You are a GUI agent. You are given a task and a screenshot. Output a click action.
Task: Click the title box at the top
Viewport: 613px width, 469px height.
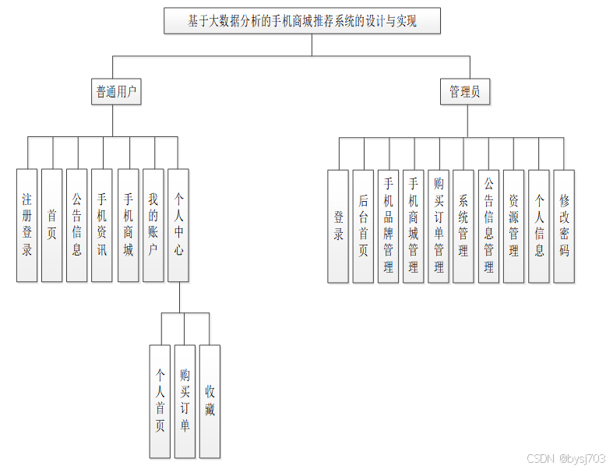(302, 21)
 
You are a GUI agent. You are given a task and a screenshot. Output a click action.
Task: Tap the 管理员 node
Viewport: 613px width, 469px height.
(464, 92)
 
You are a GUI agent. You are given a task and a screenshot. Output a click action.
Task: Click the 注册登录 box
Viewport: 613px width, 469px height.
(27, 225)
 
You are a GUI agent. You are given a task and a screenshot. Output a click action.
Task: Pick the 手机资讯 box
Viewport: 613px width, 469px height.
(101, 225)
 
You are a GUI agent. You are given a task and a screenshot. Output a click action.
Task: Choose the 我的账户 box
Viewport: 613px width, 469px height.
(153, 225)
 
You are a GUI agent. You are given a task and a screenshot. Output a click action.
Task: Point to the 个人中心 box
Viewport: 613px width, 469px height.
(178, 225)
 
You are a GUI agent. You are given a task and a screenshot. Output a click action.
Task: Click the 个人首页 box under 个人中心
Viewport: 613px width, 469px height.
(160, 400)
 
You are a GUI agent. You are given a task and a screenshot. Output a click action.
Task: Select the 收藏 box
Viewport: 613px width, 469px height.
(210, 400)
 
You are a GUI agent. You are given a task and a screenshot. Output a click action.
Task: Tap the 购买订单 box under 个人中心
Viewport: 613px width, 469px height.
(185, 400)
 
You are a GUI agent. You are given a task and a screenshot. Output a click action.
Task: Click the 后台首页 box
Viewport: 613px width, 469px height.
(363, 225)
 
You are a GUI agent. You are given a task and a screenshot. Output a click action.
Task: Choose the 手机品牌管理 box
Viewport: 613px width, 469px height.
(388, 225)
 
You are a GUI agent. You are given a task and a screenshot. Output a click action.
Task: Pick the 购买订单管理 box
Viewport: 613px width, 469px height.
(439, 225)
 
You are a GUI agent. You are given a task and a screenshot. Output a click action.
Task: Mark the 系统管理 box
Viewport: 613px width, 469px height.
(463, 225)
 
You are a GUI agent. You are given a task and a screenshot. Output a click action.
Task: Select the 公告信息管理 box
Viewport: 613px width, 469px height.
(488, 225)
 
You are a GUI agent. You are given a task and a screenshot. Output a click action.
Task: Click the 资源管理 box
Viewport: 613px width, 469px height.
(513, 225)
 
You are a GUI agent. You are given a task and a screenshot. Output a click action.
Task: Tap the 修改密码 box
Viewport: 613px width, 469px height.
(564, 225)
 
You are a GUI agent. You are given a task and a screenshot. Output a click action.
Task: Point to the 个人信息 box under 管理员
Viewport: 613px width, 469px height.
(539, 225)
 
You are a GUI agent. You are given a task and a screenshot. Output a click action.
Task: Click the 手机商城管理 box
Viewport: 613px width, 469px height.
(413, 225)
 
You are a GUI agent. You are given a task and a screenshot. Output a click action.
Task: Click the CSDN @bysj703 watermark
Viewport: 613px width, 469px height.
(566, 459)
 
